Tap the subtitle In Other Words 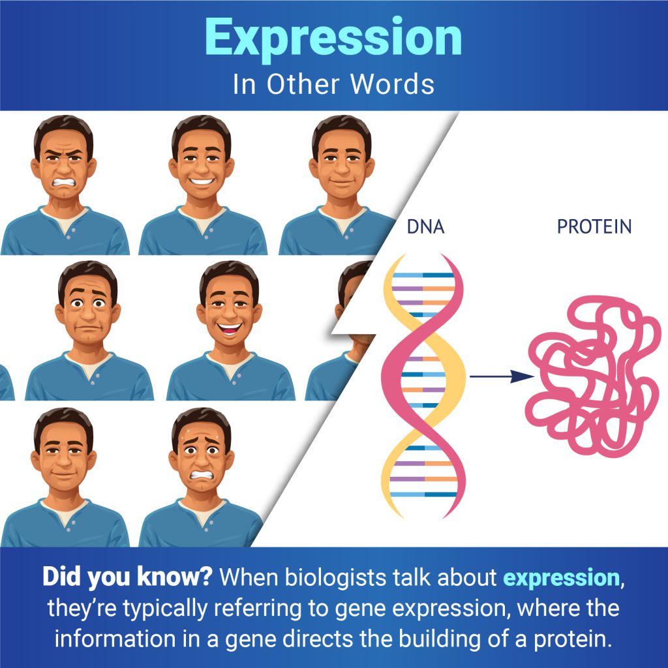333,84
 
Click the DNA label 425,226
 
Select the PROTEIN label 594,226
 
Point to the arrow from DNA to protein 502,376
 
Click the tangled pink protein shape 592,376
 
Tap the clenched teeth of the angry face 63,183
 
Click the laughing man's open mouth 229,329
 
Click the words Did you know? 127,577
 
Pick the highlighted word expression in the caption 562,578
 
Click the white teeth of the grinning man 202,181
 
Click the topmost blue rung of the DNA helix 423,275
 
